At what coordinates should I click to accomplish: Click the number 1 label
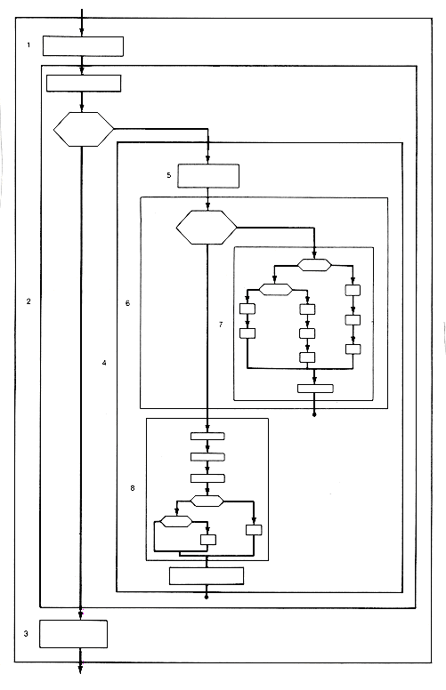coord(28,44)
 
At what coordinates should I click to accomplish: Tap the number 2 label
coord(28,301)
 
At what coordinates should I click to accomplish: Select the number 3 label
coord(26,633)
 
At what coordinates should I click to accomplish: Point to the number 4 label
coord(104,363)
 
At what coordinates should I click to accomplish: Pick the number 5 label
coord(169,175)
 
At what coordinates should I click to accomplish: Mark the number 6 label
coord(128,303)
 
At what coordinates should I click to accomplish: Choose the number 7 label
coord(221,325)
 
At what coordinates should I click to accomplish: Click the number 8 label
coord(133,488)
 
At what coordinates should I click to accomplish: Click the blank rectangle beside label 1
coord(83,46)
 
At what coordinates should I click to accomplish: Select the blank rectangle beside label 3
coord(74,634)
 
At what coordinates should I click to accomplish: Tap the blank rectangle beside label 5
coord(208,176)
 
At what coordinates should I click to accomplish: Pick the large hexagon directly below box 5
coord(207,227)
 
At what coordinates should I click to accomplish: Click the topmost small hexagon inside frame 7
coord(314,265)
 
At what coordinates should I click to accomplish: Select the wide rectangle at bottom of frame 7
coord(315,389)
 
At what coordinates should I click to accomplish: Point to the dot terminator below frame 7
coord(314,414)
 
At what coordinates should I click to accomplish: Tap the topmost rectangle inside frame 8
coord(207,436)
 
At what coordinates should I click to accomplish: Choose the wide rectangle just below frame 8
coord(207,576)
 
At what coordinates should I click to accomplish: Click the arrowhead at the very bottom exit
coord(80,670)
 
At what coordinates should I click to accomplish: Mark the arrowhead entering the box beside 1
coord(82,32)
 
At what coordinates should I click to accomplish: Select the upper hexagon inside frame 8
coord(207,501)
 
